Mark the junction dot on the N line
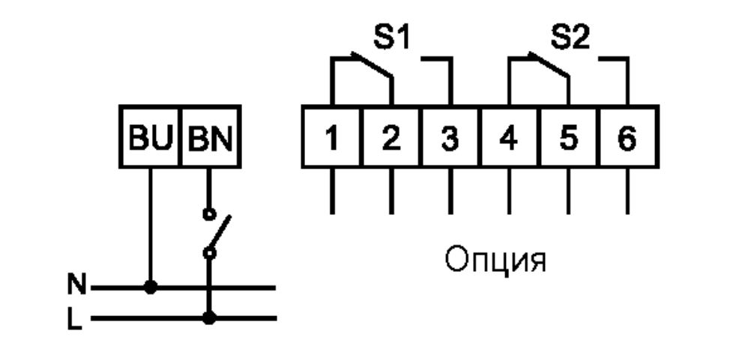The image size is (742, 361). [151, 286]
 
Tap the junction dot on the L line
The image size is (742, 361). [211, 318]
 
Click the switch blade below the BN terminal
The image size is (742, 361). [219, 234]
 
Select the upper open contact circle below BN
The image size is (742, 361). [211, 213]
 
